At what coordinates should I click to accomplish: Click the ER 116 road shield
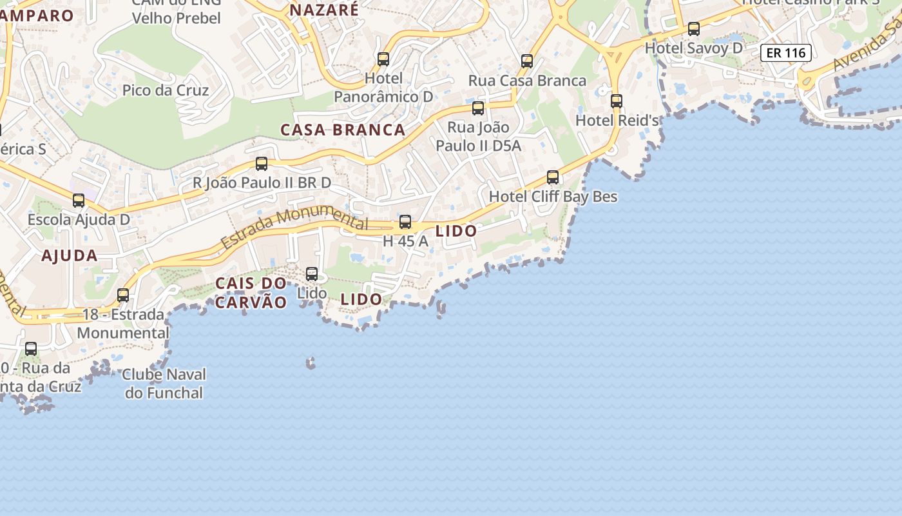[x=785, y=53]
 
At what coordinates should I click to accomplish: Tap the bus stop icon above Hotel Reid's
[x=617, y=101]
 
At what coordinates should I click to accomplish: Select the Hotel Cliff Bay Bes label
[x=553, y=196]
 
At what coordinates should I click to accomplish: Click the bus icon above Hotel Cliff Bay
[x=553, y=177]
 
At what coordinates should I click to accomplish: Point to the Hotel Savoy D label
[x=693, y=48]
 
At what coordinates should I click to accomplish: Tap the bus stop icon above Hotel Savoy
[x=694, y=28]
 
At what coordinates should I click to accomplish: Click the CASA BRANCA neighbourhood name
[x=343, y=130]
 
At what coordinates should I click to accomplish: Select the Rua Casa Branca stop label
[x=527, y=81]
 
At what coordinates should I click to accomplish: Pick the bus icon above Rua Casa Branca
[x=527, y=61]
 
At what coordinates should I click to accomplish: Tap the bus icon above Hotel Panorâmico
[x=383, y=59]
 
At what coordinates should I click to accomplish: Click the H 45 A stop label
[x=405, y=241]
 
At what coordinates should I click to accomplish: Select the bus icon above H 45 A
[x=405, y=222]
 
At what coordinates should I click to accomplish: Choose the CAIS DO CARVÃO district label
[x=251, y=293]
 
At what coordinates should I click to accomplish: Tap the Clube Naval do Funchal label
[x=164, y=383]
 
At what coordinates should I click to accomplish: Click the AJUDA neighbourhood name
[x=70, y=255]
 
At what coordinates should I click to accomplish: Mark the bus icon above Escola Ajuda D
[x=79, y=201]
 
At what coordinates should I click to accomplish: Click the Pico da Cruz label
[x=166, y=90]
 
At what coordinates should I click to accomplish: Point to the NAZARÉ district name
[x=323, y=10]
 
